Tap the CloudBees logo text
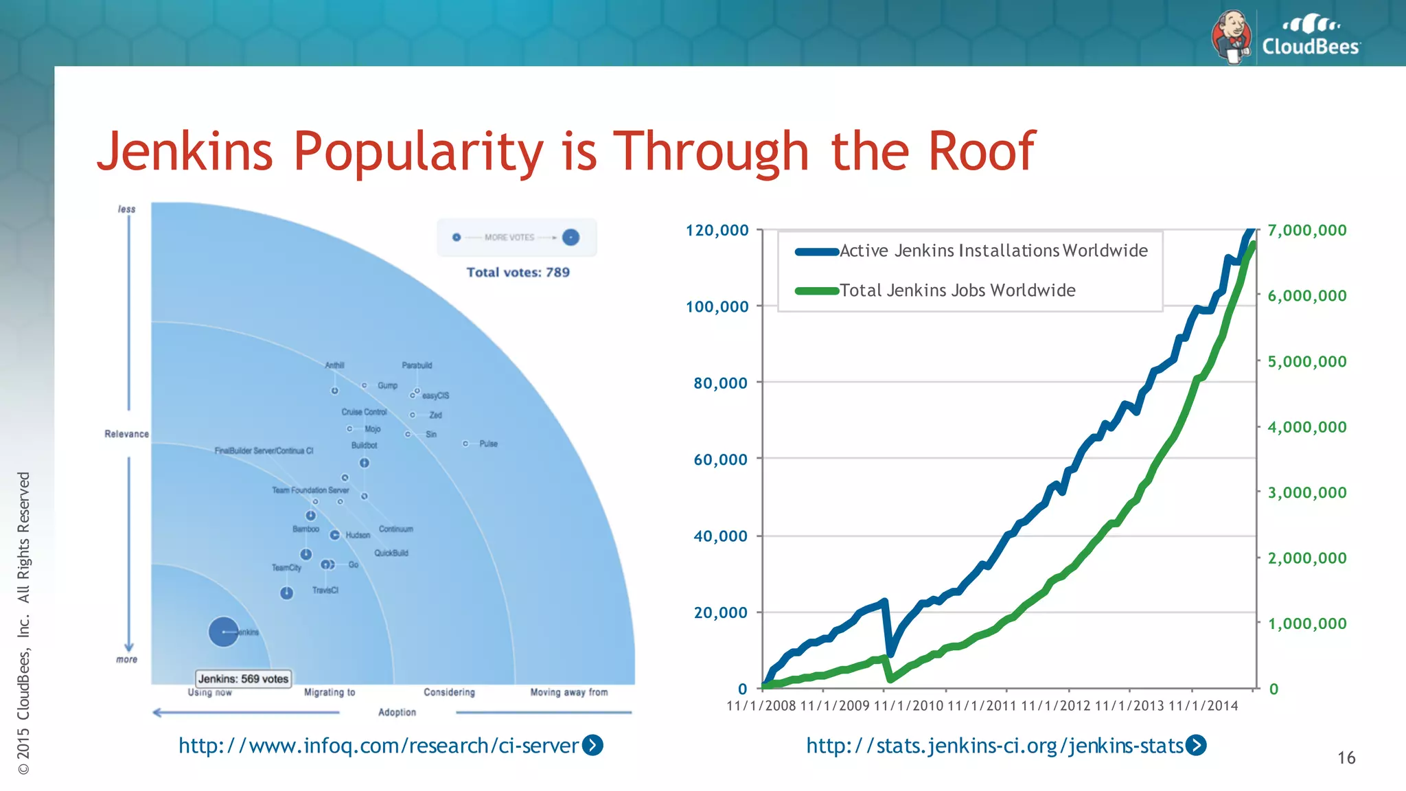click(x=1310, y=47)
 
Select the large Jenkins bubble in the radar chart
click(x=223, y=632)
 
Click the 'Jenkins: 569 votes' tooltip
click(x=243, y=678)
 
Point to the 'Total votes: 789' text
click(x=518, y=272)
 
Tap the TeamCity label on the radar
click(x=286, y=568)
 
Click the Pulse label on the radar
click(x=488, y=444)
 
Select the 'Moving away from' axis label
click(x=568, y=692)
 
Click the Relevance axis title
click(x=126, y=434)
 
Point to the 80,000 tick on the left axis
click(x=720, y=383)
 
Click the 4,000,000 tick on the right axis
click(x=1306, y=427)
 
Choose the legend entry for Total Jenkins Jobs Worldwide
click(x=957, y=290)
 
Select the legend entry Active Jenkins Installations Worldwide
click(x=993, y=251)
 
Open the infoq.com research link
click(x=379, y=746)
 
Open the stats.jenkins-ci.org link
click(x=994, y=746)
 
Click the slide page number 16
click(x=1346, y=758)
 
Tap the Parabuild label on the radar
click(x=417, y=365)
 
